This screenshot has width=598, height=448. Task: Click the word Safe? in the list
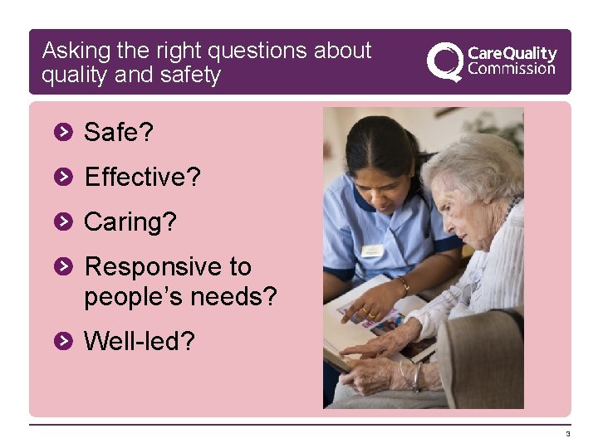[119, 132]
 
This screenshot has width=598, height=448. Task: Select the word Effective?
[142, 177]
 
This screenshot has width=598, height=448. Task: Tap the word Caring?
[130, 222]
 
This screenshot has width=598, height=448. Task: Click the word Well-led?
[140, 341]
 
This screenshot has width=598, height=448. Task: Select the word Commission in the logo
[512, 70]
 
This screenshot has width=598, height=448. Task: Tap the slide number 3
[568, 435]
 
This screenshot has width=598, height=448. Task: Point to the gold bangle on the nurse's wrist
[404, 285]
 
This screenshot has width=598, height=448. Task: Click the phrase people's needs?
[180, 297]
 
